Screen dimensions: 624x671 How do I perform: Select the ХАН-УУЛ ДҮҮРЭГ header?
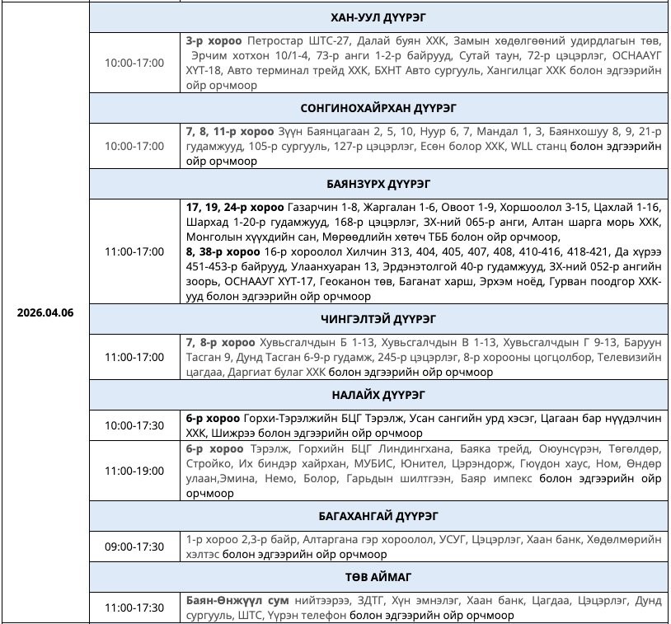click(x=378, y=17)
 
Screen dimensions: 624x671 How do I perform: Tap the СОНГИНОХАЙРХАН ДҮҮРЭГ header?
click(x=378, y=107)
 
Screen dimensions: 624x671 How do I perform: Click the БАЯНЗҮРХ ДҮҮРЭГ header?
click(x=378, y=183)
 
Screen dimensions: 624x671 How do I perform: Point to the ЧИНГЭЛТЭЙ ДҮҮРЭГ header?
click(x=378, y=318)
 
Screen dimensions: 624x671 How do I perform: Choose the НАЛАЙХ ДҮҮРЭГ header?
click(x=378, y=394)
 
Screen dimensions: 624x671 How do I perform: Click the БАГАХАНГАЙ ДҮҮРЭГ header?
click(x=378, y=516)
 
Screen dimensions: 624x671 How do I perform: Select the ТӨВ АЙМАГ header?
click(x=378, y=576)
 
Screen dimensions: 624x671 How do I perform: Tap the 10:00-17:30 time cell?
click(x=134, y=425)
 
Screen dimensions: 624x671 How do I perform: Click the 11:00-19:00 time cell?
click(x=134, y=471)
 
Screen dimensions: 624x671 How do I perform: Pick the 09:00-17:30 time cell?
click(x=134, y=547)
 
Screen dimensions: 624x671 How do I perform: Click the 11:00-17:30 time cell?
click(x=134, y=608)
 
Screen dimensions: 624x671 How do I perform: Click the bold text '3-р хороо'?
click(x=213, y=40)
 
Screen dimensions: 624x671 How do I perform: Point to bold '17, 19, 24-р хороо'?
click(x=234, y=206)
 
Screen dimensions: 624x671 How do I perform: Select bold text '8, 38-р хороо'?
click(x=223, y=251)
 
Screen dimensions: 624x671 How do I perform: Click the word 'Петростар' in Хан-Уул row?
click(x=272, y=40)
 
